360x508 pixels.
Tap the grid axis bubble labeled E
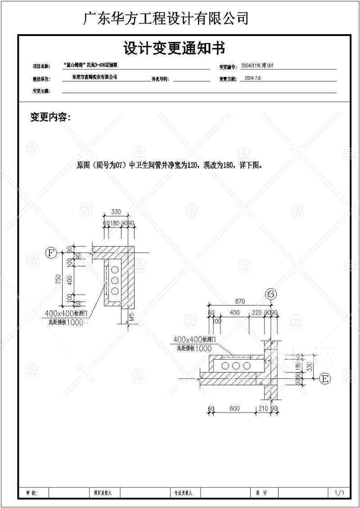(324, 379)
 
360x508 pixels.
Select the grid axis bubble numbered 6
(271, 294)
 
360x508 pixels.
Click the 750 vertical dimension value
(58, 279)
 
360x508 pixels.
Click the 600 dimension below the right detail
(234, 409)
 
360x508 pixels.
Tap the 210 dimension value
(263, 409)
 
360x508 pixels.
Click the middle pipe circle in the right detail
(235, 366)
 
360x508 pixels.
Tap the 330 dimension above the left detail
(116, 212)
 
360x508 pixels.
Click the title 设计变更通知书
(174, 48)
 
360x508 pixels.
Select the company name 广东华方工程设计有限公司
(166, 18)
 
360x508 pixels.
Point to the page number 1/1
(339, 493)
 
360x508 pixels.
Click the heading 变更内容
(50, 118)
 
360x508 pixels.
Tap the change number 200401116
(254, 66)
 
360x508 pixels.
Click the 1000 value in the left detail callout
(74, 322)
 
